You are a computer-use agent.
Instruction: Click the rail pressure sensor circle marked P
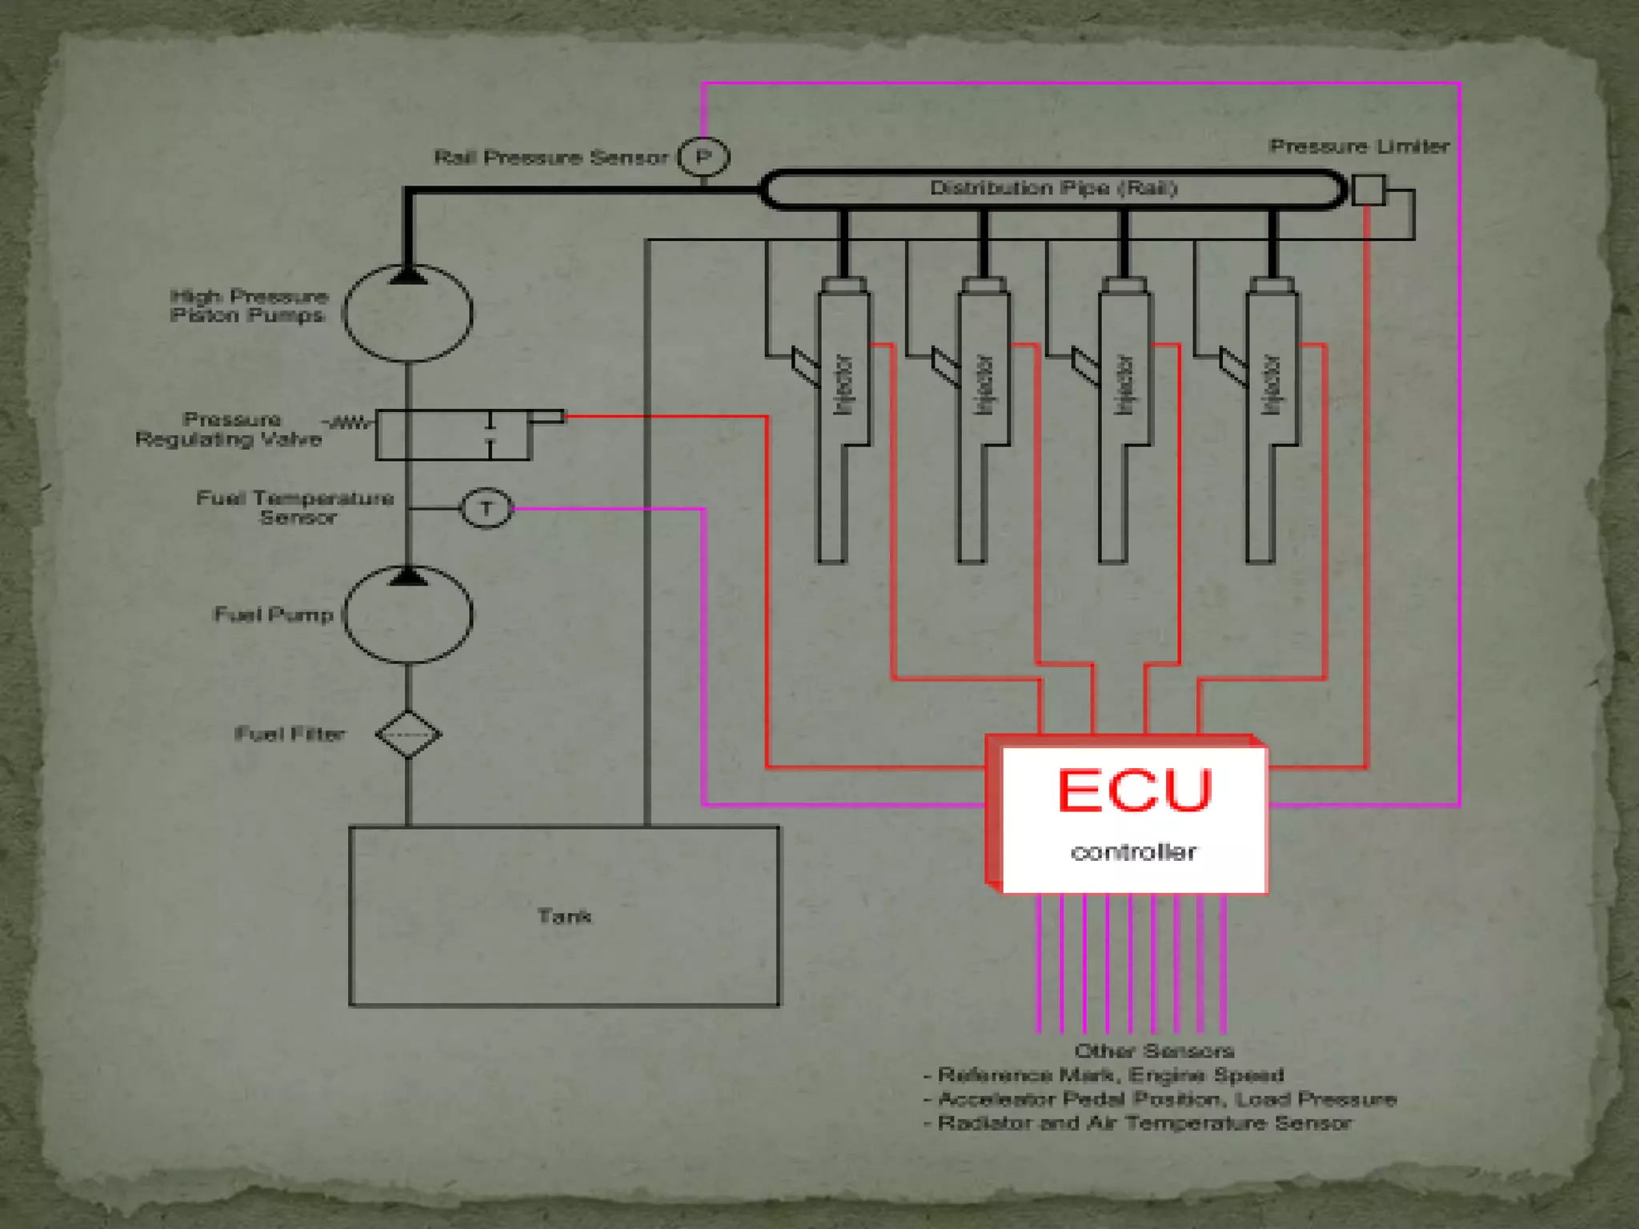(703, 157)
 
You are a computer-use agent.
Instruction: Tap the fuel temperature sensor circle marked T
(486, 508)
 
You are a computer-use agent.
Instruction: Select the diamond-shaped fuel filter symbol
(408, 734)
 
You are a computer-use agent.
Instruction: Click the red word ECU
(1134, 791)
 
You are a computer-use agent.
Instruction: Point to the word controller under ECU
(1133, 852)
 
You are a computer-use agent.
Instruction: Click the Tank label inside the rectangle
(564, 916)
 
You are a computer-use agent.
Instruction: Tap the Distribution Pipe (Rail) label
(1053, 189)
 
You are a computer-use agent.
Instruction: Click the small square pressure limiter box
(1368, 190)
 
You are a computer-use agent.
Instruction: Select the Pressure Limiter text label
(1359, 146)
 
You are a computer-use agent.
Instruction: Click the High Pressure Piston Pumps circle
(408, 314)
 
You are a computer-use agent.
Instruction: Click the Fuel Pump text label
(274, 614)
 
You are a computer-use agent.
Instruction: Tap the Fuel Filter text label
(290, 734)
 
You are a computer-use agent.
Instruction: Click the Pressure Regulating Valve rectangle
(453, 435)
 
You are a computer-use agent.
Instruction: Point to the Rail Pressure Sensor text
(551, 157)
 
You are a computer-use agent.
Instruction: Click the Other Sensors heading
(1154, 1051)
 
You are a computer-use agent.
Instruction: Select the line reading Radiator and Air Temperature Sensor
(1144, 1123)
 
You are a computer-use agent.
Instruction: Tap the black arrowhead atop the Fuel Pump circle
(408, 576)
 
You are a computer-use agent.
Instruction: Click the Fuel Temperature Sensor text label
(296, 508)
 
